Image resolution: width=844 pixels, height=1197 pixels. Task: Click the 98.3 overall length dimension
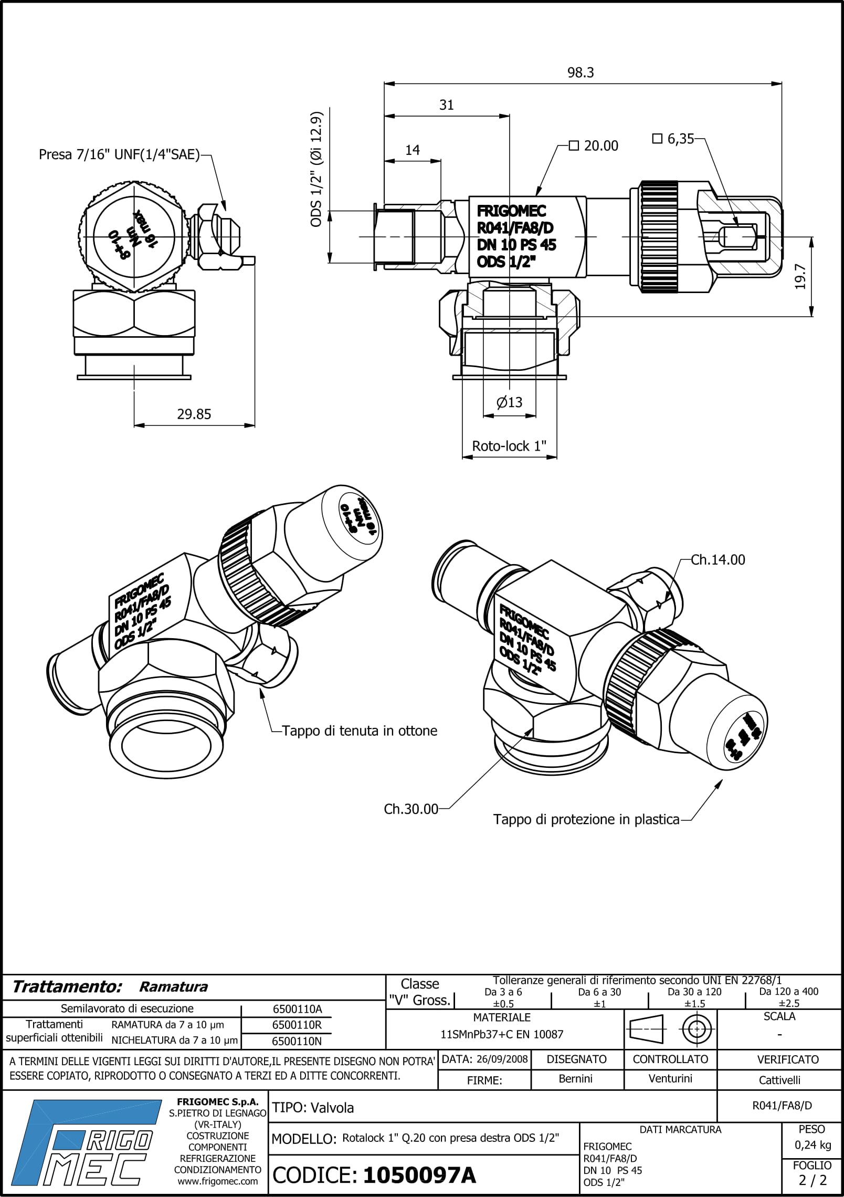point(580,72)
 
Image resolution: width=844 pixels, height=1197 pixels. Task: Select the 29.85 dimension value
point(194,414)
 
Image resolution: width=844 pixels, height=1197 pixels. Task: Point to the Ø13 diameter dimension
point(509,402)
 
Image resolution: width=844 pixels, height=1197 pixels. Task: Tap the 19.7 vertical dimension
point(800,276)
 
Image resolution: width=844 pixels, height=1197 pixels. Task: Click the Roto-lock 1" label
point(509,446)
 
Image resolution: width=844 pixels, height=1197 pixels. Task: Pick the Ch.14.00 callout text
point(718,560)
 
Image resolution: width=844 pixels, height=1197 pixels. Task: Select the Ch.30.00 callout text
point(410,809)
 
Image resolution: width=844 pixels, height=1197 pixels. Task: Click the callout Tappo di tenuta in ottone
point(360,731)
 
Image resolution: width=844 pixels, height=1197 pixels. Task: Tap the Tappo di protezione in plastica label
point(586,819)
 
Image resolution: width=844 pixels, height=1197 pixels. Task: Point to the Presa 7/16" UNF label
point(120,155)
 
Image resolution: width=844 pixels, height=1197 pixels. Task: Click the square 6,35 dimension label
point(673,139)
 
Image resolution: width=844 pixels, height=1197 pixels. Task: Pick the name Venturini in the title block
point(670,1079)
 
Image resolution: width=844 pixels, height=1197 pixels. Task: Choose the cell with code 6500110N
point(297,1040)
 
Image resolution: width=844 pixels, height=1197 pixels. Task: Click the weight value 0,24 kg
point(812,1145)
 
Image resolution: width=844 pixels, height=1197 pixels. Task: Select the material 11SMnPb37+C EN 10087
point(502,1035)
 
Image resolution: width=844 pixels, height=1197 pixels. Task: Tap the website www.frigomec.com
point(218,1181)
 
